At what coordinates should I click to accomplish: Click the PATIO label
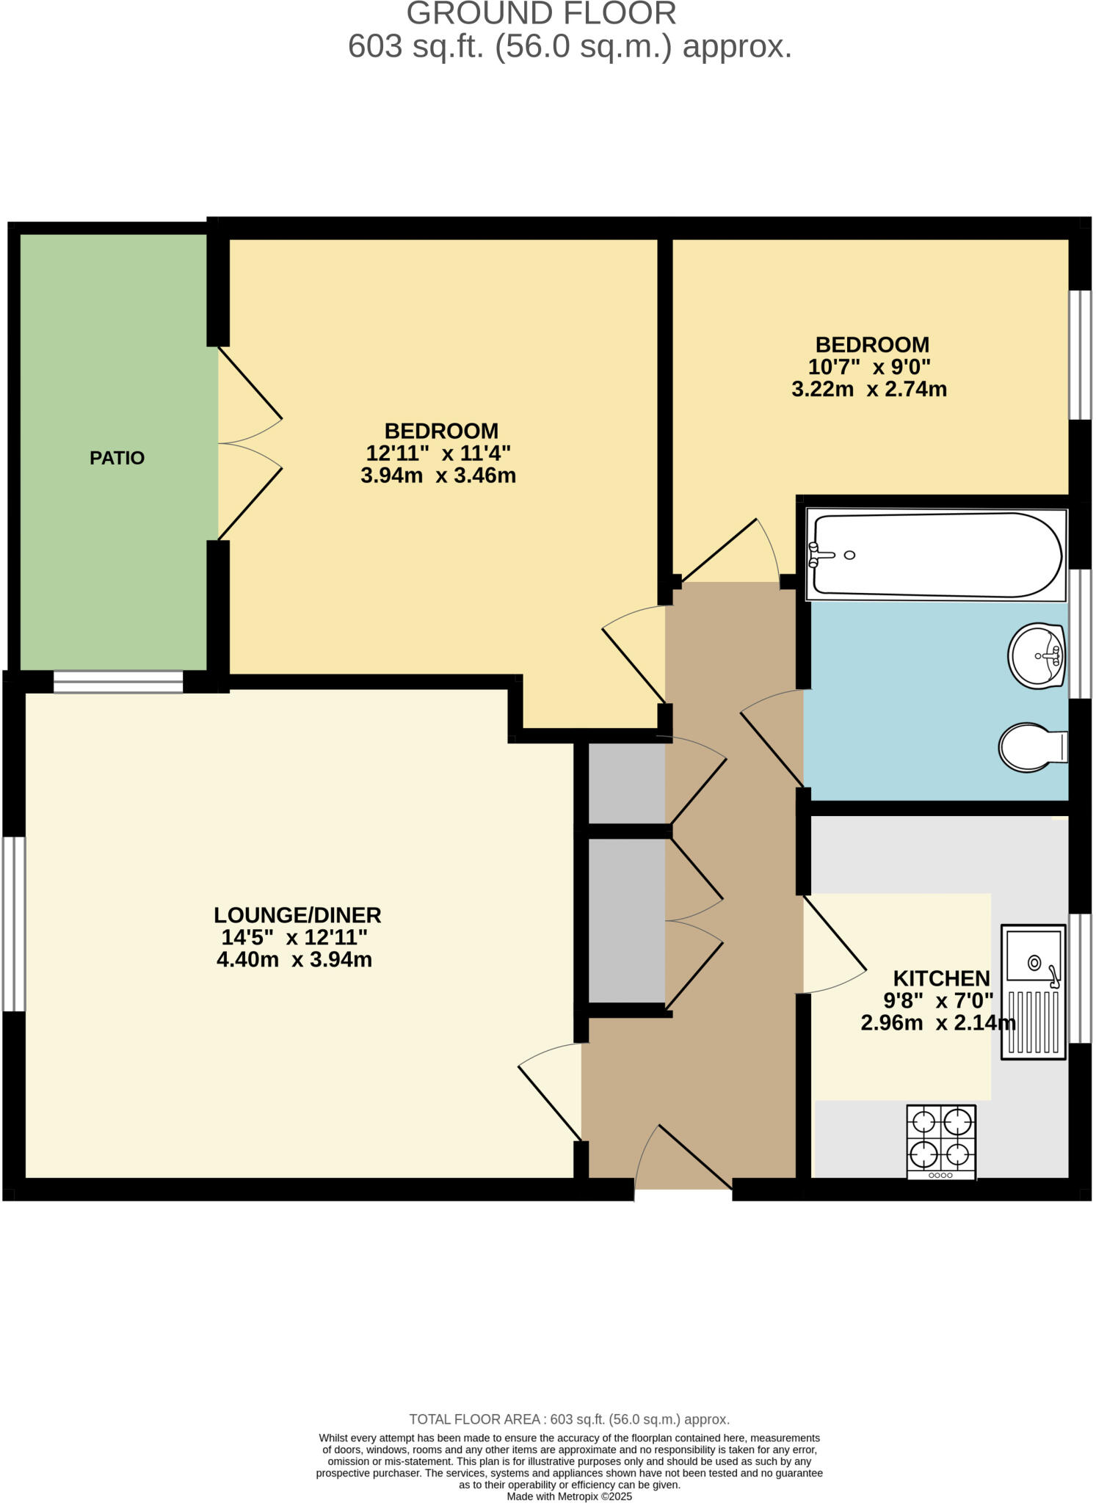tap(117, 458)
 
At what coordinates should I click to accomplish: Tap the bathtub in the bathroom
tap(936, 555)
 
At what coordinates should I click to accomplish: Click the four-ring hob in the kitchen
tap(941, 1141)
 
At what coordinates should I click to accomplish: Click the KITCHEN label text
tap(941, 978)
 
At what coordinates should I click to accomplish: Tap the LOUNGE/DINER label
tap(297, 915)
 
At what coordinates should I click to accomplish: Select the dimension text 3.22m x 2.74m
tap(869, 389)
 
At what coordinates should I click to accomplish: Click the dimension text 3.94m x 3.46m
tap(438, 476)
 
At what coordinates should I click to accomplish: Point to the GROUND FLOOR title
tap(541, 13)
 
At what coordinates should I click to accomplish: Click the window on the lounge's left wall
tap(14, 924)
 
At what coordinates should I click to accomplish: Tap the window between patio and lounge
tap(117, 682)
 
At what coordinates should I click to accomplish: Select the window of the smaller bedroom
tap(1079, 354)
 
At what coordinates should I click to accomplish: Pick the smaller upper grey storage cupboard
tap(627, 783)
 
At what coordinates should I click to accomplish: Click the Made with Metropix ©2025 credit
tap(569, 1496)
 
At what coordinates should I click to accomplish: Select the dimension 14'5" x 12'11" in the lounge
tap(294, 937)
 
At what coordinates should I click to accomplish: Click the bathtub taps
tap(815, 555)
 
